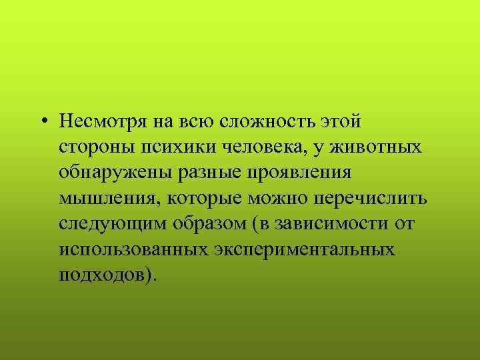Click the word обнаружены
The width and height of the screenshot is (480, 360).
click(x=115, y=173)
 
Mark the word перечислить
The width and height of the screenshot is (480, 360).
click(x=372, y=198)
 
